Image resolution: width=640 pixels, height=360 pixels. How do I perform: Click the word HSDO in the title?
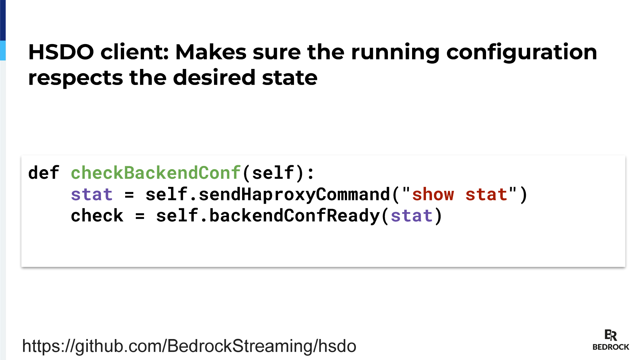click(x=61, y=52)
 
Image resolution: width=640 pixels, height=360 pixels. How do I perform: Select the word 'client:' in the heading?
click(x=135, y=52)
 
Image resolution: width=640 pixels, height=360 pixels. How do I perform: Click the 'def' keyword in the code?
click(x=44, y=173)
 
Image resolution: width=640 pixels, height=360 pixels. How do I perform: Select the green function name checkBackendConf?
click(x=156, y=173)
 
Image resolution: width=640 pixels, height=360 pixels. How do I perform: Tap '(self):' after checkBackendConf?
click(x=278, y=173)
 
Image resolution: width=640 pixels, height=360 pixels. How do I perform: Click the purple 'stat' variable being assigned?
click(x=92, y=195)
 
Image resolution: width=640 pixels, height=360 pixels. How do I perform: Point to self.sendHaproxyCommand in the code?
click(x=268, y=195)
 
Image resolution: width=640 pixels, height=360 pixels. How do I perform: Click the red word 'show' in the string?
click(x=433, y=195)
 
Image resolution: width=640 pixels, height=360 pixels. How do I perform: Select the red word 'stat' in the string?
click(x=486, y=195)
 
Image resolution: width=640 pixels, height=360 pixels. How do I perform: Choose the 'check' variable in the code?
click(x=97, y=216)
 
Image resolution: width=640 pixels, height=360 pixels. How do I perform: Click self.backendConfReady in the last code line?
click(x=268, y=216)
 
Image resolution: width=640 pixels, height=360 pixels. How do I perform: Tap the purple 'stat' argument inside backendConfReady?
click(x=411, y=216)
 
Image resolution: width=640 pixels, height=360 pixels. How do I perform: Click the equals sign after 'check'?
click(x=140, y=216)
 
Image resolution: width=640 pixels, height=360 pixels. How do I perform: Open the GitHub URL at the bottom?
click(x=189, y=346)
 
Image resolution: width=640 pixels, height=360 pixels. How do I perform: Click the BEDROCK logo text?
click(x=611, y=347)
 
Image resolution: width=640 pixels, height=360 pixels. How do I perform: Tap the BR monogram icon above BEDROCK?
click(x=610, y=335)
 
